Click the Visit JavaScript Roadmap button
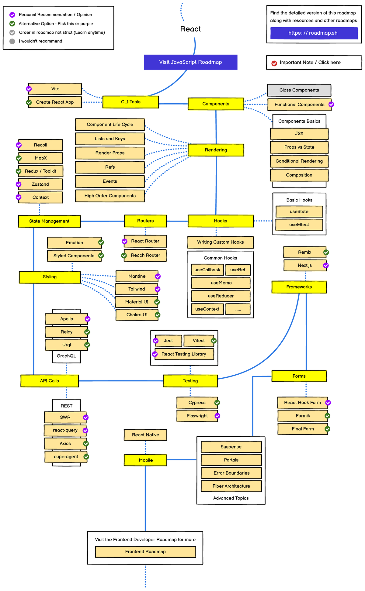190,62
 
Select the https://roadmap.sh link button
314,33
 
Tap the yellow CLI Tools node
130,102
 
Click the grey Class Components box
299,90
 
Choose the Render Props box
110,153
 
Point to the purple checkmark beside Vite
29,89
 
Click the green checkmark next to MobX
19,158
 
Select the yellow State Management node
49,221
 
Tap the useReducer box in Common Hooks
221,296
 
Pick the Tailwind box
137,289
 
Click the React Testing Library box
184,354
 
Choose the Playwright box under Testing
197,416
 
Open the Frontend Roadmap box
145,552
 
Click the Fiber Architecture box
231,486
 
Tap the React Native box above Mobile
145,435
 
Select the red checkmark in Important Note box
274,63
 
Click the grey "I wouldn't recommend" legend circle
12,41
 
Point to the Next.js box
304,266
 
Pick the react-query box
65,431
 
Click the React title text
190,29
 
